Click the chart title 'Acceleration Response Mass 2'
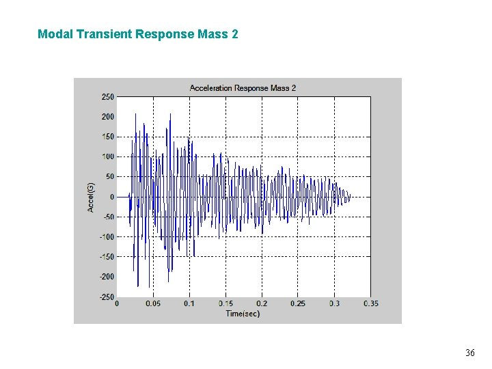[x=243, y=88]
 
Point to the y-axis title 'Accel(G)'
[x=91, y=197]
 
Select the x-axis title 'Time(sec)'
[x=243, y=314]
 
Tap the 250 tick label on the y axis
[x=108, y=97]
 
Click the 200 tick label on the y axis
[x=108, y=117]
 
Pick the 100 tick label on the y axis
[x=108, y=157]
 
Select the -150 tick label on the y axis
[x=106, y=257]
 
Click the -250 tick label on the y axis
[x=106, y=297]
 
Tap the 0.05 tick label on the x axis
[x=152, y=303]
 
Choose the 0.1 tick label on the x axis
[x=189, y=303]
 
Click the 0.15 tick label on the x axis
[x=225, y=303]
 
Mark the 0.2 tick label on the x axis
[x=262, y=303]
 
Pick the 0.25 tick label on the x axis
[x=298, y=303]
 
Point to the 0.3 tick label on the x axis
[x=334, y=303]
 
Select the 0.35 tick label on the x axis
[x=370, y=303]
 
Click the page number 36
[x=469, y=353]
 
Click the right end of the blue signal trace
[x=350, y=197]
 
